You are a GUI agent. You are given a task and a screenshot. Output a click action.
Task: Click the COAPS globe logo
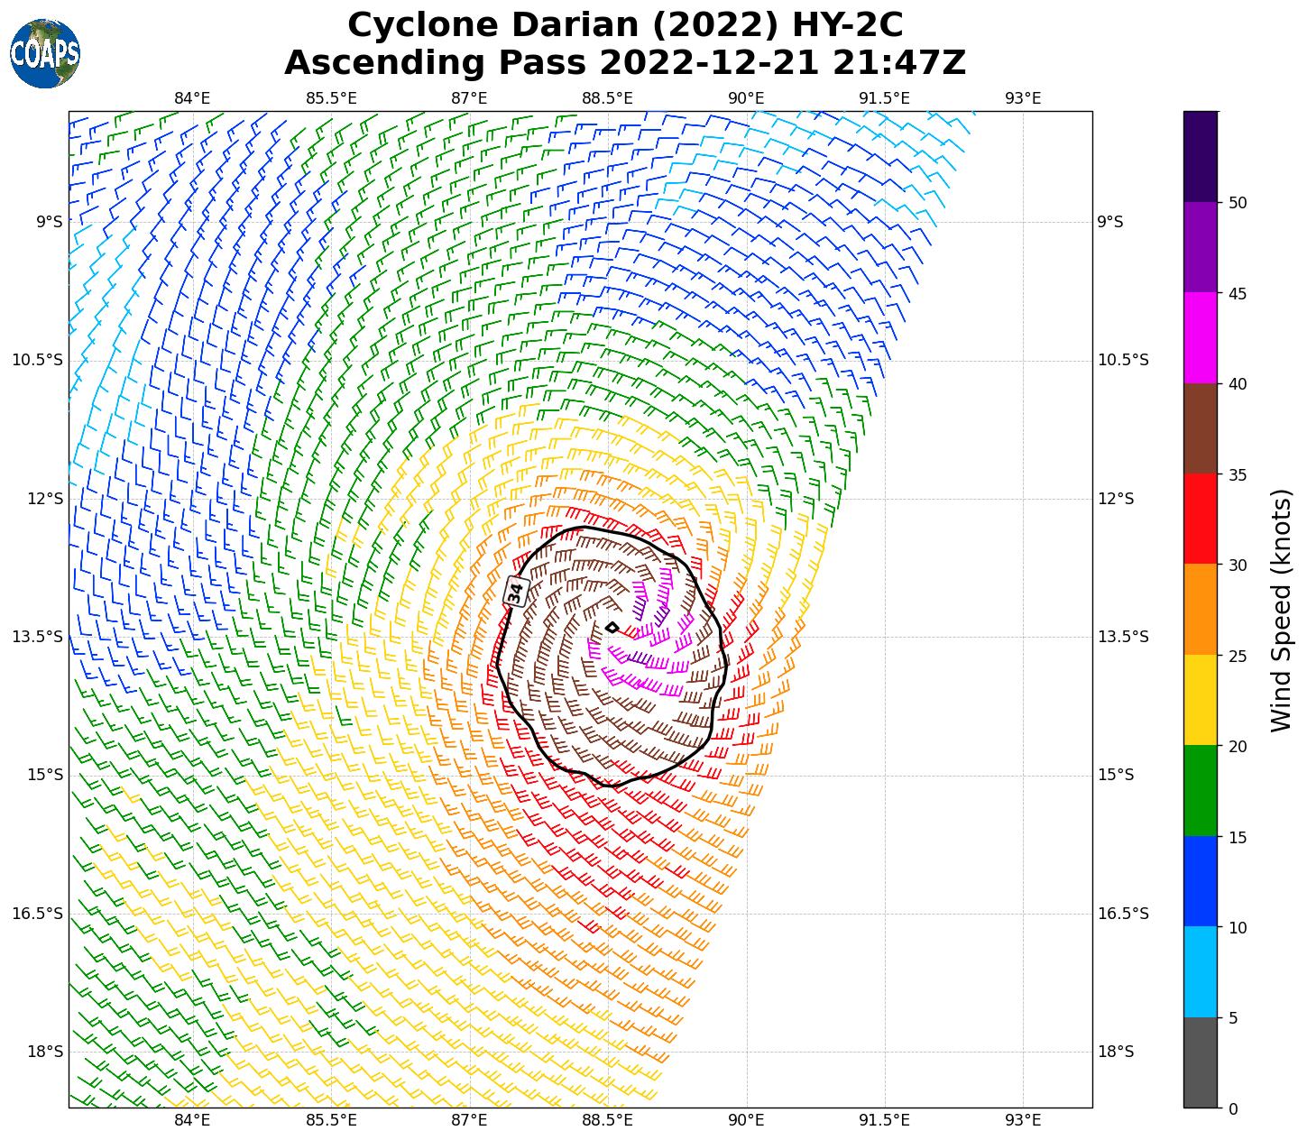click(45, 53)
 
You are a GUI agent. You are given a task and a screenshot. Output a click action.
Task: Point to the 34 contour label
click(515, 592)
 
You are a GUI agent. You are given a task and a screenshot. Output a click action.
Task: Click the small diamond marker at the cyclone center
click(612, 628)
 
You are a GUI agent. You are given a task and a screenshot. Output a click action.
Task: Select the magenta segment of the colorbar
click(1200, 338)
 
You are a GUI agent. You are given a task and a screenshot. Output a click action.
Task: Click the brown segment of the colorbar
click(1200, 428)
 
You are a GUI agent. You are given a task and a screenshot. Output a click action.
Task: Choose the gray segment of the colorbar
click(1200, 1062)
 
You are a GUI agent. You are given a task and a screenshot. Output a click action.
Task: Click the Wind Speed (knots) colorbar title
click(1281, 610)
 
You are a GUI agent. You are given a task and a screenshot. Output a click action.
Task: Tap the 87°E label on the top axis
click(469, 98)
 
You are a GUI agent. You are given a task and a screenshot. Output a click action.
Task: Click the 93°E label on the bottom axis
click(1023, 1120)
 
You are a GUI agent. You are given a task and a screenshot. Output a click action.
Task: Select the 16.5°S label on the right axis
click(1123, 914)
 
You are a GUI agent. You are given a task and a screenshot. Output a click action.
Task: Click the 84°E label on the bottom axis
click(192, 1120)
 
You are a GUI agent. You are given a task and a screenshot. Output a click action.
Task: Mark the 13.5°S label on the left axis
click(38, 637)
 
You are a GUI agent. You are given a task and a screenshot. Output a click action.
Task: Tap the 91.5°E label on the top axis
click(884, 98)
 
